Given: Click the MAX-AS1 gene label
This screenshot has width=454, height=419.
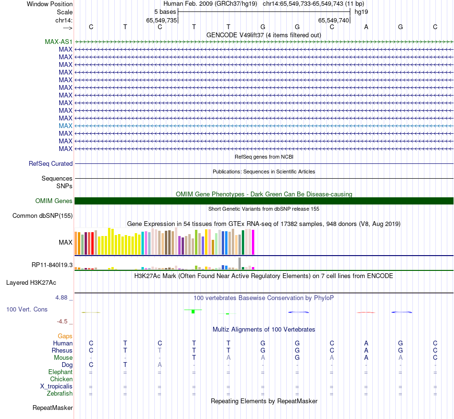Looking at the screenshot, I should click(x=58, y=42).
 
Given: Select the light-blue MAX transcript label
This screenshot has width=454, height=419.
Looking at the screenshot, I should click(x=65, y=126).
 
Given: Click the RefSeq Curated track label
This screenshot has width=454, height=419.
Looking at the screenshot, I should click(x=51, y=163).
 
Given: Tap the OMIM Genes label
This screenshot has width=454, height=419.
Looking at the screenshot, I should click(x=54, y=201).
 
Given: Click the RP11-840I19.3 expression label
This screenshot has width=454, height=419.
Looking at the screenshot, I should click(x=52, y=265).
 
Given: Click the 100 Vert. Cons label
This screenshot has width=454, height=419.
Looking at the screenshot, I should click(x=27, y=309).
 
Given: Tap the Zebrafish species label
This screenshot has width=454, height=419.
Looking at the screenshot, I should click(x=60, y=393).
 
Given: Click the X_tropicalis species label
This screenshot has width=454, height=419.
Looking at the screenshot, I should click(x=56, y=386).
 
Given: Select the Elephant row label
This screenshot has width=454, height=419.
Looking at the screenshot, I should click(x=60, y=372).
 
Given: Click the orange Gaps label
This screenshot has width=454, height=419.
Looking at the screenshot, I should click(x=65, y=336).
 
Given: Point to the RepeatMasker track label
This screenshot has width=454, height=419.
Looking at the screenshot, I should click(x=53, y=408).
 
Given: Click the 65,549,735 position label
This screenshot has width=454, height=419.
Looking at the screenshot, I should click(x=162, y=20).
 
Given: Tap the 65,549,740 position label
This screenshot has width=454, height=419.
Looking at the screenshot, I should click(x=334, y=20).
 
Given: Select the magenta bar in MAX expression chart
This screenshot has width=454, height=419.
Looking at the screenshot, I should click(x=253, y=242).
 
